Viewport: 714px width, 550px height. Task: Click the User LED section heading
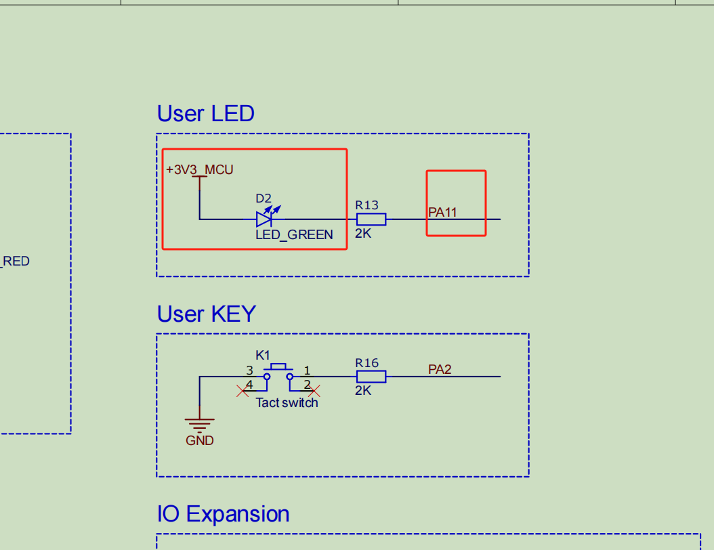(205, 113)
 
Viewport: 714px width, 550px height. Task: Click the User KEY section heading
(206, 314)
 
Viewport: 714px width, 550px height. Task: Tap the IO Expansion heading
(223, 514)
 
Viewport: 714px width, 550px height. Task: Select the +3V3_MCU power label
(199, 169)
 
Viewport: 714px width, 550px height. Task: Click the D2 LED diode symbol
(264, 219)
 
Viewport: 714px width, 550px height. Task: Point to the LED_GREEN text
(294, 235)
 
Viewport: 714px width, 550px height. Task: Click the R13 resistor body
(371, 219)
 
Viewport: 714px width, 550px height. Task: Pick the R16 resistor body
(371, 377)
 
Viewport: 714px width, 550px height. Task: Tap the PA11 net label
(442, 212)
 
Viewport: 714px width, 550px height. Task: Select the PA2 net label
(440, 369)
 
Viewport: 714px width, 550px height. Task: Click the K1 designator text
(263, 355)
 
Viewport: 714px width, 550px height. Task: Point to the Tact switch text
(287, 402)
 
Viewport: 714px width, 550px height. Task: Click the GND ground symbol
(199, 425)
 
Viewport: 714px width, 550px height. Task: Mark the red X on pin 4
(242, 390)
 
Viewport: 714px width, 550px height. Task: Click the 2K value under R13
(363, 233)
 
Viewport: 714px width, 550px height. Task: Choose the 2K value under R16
(363, 391)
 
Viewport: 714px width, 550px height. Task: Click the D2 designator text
(263, 198)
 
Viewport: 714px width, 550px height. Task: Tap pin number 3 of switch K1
(249, 371)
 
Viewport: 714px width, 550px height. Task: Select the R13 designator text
(366, 205)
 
